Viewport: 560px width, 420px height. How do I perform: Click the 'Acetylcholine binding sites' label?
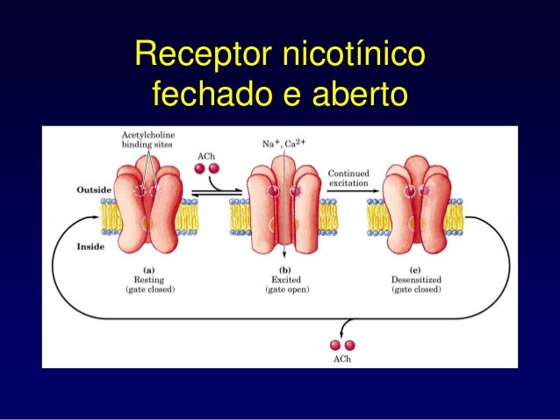pyautogui.click(x=147, y=139)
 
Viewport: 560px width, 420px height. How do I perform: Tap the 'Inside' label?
pyautogui.click(x=90, y=247)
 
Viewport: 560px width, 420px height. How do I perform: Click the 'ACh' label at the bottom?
pyautogui.click(x=342, y=360)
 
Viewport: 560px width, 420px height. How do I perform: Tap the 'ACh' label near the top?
pyautogui.click(x=204, y=155)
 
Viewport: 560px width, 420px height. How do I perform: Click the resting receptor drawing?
pyautogui.click(x=149, y=210)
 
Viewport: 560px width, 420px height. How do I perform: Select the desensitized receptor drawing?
pyautogui.click(x=416, y=210)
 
